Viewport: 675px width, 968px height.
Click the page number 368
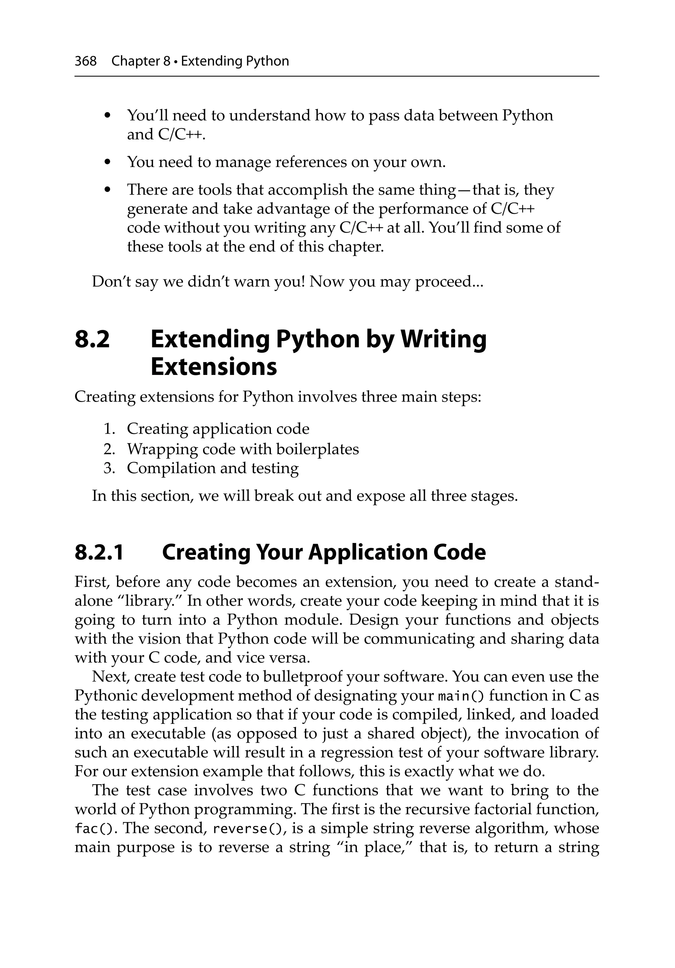click(86, 61)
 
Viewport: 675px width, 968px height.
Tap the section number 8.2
click(92, 339)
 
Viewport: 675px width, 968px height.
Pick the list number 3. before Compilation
click(109, 468)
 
